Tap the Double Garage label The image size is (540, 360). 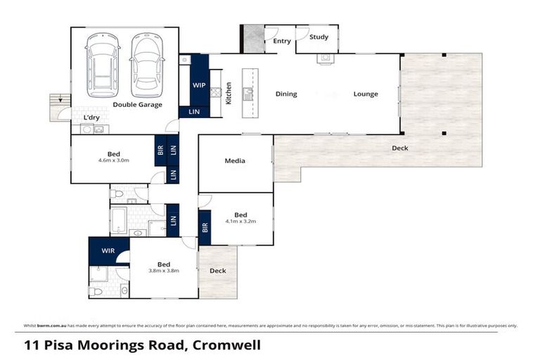tap(138, 105)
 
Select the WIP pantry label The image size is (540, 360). tap(199, 85)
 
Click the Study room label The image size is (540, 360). tap(319, 38)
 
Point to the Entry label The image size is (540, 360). tap(282, 41)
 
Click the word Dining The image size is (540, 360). tap(286, 94)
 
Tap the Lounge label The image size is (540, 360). tap(366, 94)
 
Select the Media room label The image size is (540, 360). tap(235, 161)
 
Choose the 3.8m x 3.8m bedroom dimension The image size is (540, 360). tap(164, 271)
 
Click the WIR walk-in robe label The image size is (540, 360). tap(108, 250)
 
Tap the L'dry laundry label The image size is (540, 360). tap(91, 117)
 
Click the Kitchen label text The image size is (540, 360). tap(229, 94)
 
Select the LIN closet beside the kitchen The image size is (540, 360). tap(193, 112)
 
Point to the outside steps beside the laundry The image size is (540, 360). tap(56, 108)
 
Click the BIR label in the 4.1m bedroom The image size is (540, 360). tap(205, 227)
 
